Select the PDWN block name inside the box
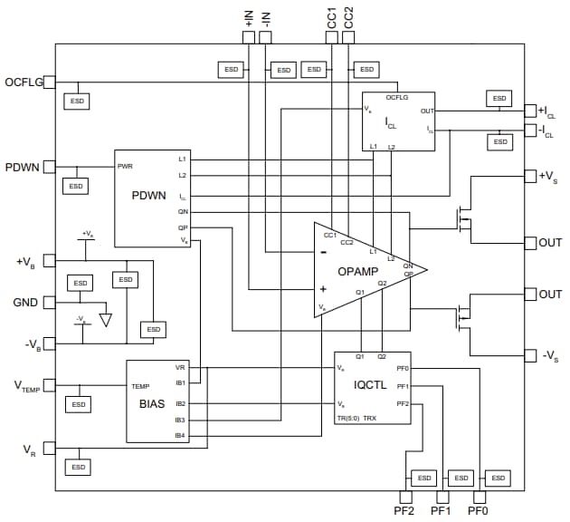click(x=148, y=195)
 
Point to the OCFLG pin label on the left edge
click(x=23, y=82)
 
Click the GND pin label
click(x=25, y=303)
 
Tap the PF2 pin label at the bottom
click(x=404, y=512)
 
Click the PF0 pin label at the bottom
click(x=478, y=512)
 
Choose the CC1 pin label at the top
click(x=332, y=17)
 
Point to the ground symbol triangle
click(x=107, y=320)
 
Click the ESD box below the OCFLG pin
click(x=76, y=101)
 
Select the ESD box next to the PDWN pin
click(x=76, y=186)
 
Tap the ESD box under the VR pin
click(x=78, y=467)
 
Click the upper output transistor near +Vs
click(x=462, y=217)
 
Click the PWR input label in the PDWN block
click(x=125, y=167)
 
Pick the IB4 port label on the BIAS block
click(x=180, y=437)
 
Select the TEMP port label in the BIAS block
click(x=140, y=386)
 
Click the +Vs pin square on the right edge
click(x=531, y=175)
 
